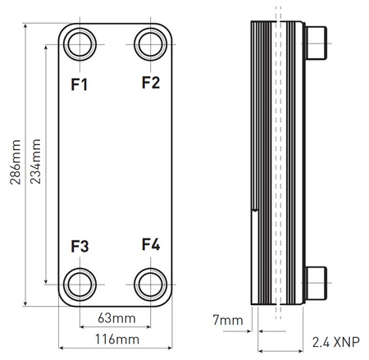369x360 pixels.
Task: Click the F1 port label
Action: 80,84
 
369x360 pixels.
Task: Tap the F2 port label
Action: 151,82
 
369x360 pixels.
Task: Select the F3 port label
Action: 80,246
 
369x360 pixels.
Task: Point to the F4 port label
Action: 151,244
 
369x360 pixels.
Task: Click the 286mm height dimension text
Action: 16,162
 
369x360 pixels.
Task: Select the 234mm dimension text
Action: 35,162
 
